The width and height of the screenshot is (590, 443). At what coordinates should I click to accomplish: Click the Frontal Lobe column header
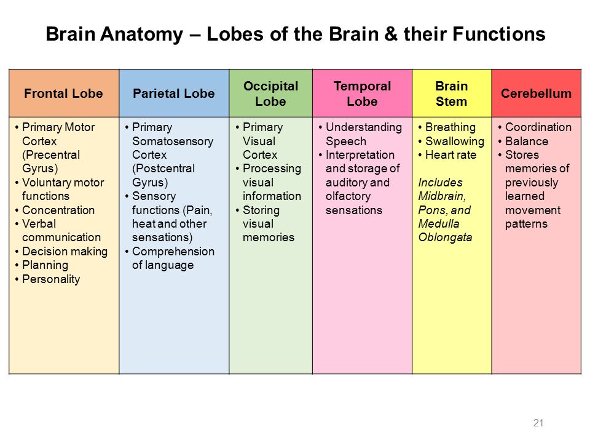(x=63, y=94)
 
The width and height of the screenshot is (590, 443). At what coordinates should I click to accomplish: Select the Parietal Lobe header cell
(x=174, y=94)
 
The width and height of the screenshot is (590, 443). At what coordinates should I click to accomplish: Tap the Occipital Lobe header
(x=271, y=94)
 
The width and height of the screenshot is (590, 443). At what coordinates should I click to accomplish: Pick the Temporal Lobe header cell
(x=363, y=94)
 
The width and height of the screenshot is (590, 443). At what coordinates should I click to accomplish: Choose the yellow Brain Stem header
(x=452, y=94)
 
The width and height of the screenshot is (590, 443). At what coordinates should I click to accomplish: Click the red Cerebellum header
(x=536, y=94)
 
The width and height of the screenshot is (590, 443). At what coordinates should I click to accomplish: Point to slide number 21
(x=538, y=423)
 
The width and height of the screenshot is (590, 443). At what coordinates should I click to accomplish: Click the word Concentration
(x=58, y=210)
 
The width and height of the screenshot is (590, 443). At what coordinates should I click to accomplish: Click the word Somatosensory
(x=173, y=142)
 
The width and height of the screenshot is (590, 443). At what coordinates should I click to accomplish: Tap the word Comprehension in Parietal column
(x=173, y=252)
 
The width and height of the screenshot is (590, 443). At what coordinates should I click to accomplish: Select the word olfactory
(x=348, y=196)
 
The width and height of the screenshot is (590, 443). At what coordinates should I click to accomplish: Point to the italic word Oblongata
(x=445, y=237)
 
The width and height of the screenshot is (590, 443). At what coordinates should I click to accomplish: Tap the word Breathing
(x=450, y=127)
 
